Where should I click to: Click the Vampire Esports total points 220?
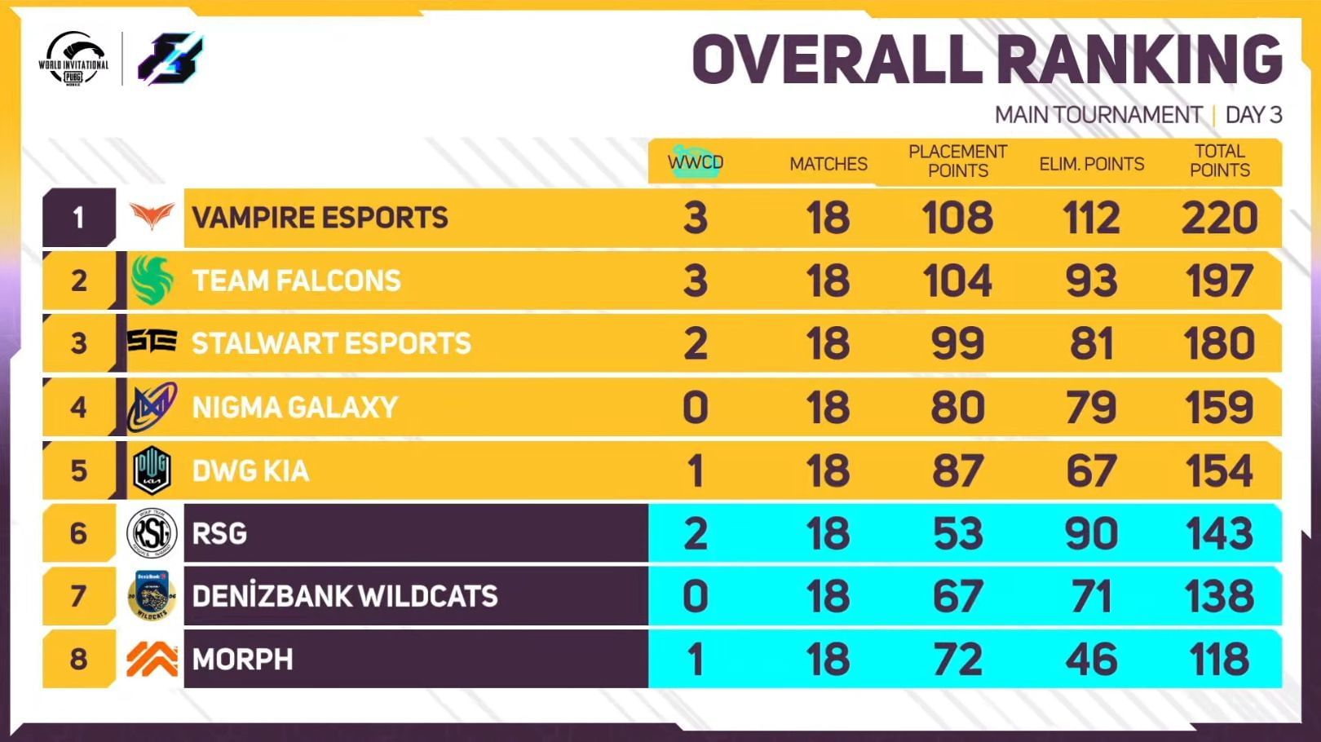pyautogui.click(x=1219, y=218)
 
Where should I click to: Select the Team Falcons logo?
pyautogui.click(x=152, y=280)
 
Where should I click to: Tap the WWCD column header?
pyautogui.click(x=695, y=162)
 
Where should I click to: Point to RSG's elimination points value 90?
pyautogui.click(x=1091, y=534)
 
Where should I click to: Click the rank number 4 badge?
pyautogui.click(x=78, y=407)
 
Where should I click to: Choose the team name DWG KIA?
pyautogui.click(x=250, y=470)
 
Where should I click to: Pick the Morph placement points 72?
pyautogui.click(x=957, y=660)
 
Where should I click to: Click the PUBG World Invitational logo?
pyautogui.click(x=73, y=59)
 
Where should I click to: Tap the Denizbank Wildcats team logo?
pyautogui.click(x=152, y=595)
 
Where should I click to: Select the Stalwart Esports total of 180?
pyautogui.click(x=1219, y=343)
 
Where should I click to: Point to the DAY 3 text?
pyautogui.click(x=1253, y=115)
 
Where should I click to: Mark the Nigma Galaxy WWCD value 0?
pyautogui.click(x=695, y=407)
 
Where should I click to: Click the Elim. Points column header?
pyautogui.click(x=1091, y=164)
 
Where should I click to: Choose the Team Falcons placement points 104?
pyautogui.click(x=957, y=280)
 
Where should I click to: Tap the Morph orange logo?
pyautogui.click(x=152, y=659)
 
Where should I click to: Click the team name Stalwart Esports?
pyautogui.click(x=331, y=343)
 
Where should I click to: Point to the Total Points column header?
pyautogui.click(x=1219, y=161)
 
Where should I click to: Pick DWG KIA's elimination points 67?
pyautogui.click(x=1091, y=471)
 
